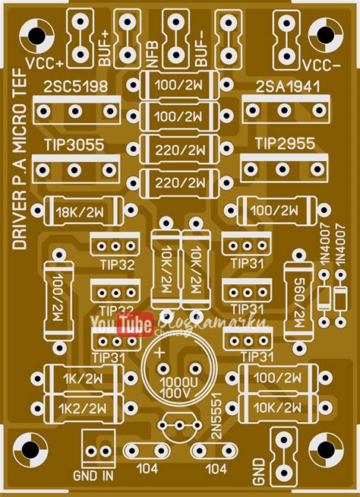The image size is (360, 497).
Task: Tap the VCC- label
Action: point(321,62)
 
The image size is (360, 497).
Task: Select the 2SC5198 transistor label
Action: point(74,85)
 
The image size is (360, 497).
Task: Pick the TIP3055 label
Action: point(74,144)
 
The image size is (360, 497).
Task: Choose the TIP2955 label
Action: point(284,144)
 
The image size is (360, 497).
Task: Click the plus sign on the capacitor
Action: point(159,354)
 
